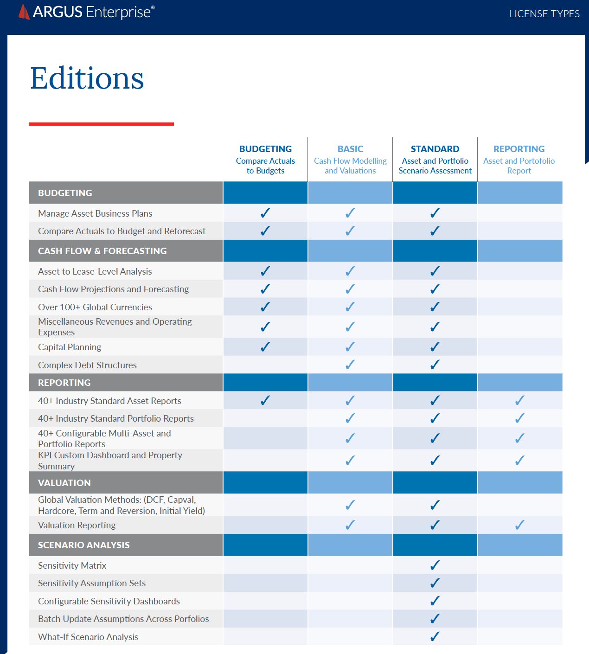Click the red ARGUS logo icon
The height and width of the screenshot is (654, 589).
[x=24, y=12]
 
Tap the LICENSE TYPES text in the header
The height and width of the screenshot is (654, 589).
[x=544, y=14]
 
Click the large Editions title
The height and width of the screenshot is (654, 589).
[x=87, y=78]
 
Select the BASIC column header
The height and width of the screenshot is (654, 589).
[x=350, y=149]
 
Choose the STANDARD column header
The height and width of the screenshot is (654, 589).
[x=435, y=149]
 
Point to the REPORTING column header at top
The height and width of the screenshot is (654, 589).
[x=519, y=149]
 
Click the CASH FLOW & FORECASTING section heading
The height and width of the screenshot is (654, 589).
[x=102, y=251]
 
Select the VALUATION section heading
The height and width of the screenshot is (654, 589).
[x=64, y=483]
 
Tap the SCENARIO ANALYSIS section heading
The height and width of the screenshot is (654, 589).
[x=84, y=545]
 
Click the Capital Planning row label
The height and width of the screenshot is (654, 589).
[x=70, y=347]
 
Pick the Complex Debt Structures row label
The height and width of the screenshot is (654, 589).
[x=87, y=365]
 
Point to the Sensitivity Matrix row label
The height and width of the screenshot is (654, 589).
[x=72, y=565]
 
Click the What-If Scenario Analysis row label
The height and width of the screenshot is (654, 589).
[x=88, y=637]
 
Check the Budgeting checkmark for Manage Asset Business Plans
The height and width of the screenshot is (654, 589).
[x=265, y=213]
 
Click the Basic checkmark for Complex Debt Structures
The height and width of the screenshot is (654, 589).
[x=350, y=365]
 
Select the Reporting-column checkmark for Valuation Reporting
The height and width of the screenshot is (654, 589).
[x=520, y=525]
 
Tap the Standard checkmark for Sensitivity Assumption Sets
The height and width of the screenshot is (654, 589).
[x=435, y=583]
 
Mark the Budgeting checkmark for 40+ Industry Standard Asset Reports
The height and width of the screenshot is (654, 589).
[x=265, y=400]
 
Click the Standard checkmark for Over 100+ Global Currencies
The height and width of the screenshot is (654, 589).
[x=435, y=307]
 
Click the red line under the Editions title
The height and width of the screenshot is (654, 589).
[x=101, y=124]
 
